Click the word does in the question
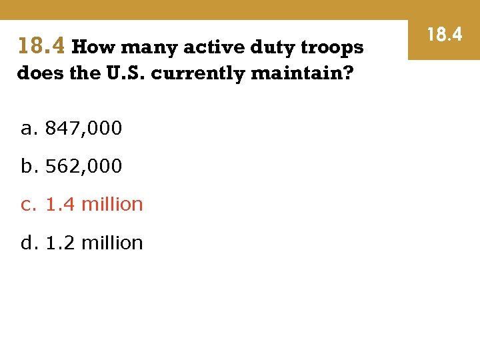tap(40, 73)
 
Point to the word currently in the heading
tap(198, 73)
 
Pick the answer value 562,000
tap(83, 166)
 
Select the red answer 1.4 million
tap(94, 204)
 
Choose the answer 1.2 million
tap(94, 243)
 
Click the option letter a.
tap(27, 129)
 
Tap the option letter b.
tap(27, 166)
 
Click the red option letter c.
tap(27, 205)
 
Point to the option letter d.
tap(27, 243)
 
